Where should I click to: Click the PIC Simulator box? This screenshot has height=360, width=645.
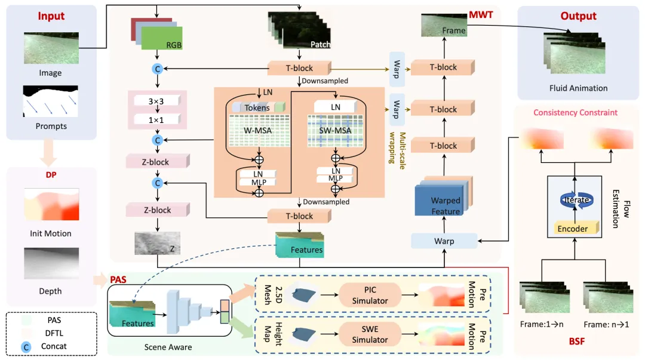370,294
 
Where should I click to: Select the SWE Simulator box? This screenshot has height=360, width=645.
370,334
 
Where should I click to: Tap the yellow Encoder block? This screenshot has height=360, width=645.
572,228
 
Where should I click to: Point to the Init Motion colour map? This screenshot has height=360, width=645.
51,204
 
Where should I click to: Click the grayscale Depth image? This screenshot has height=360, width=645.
51,263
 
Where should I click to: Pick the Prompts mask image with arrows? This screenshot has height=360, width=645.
51,101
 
